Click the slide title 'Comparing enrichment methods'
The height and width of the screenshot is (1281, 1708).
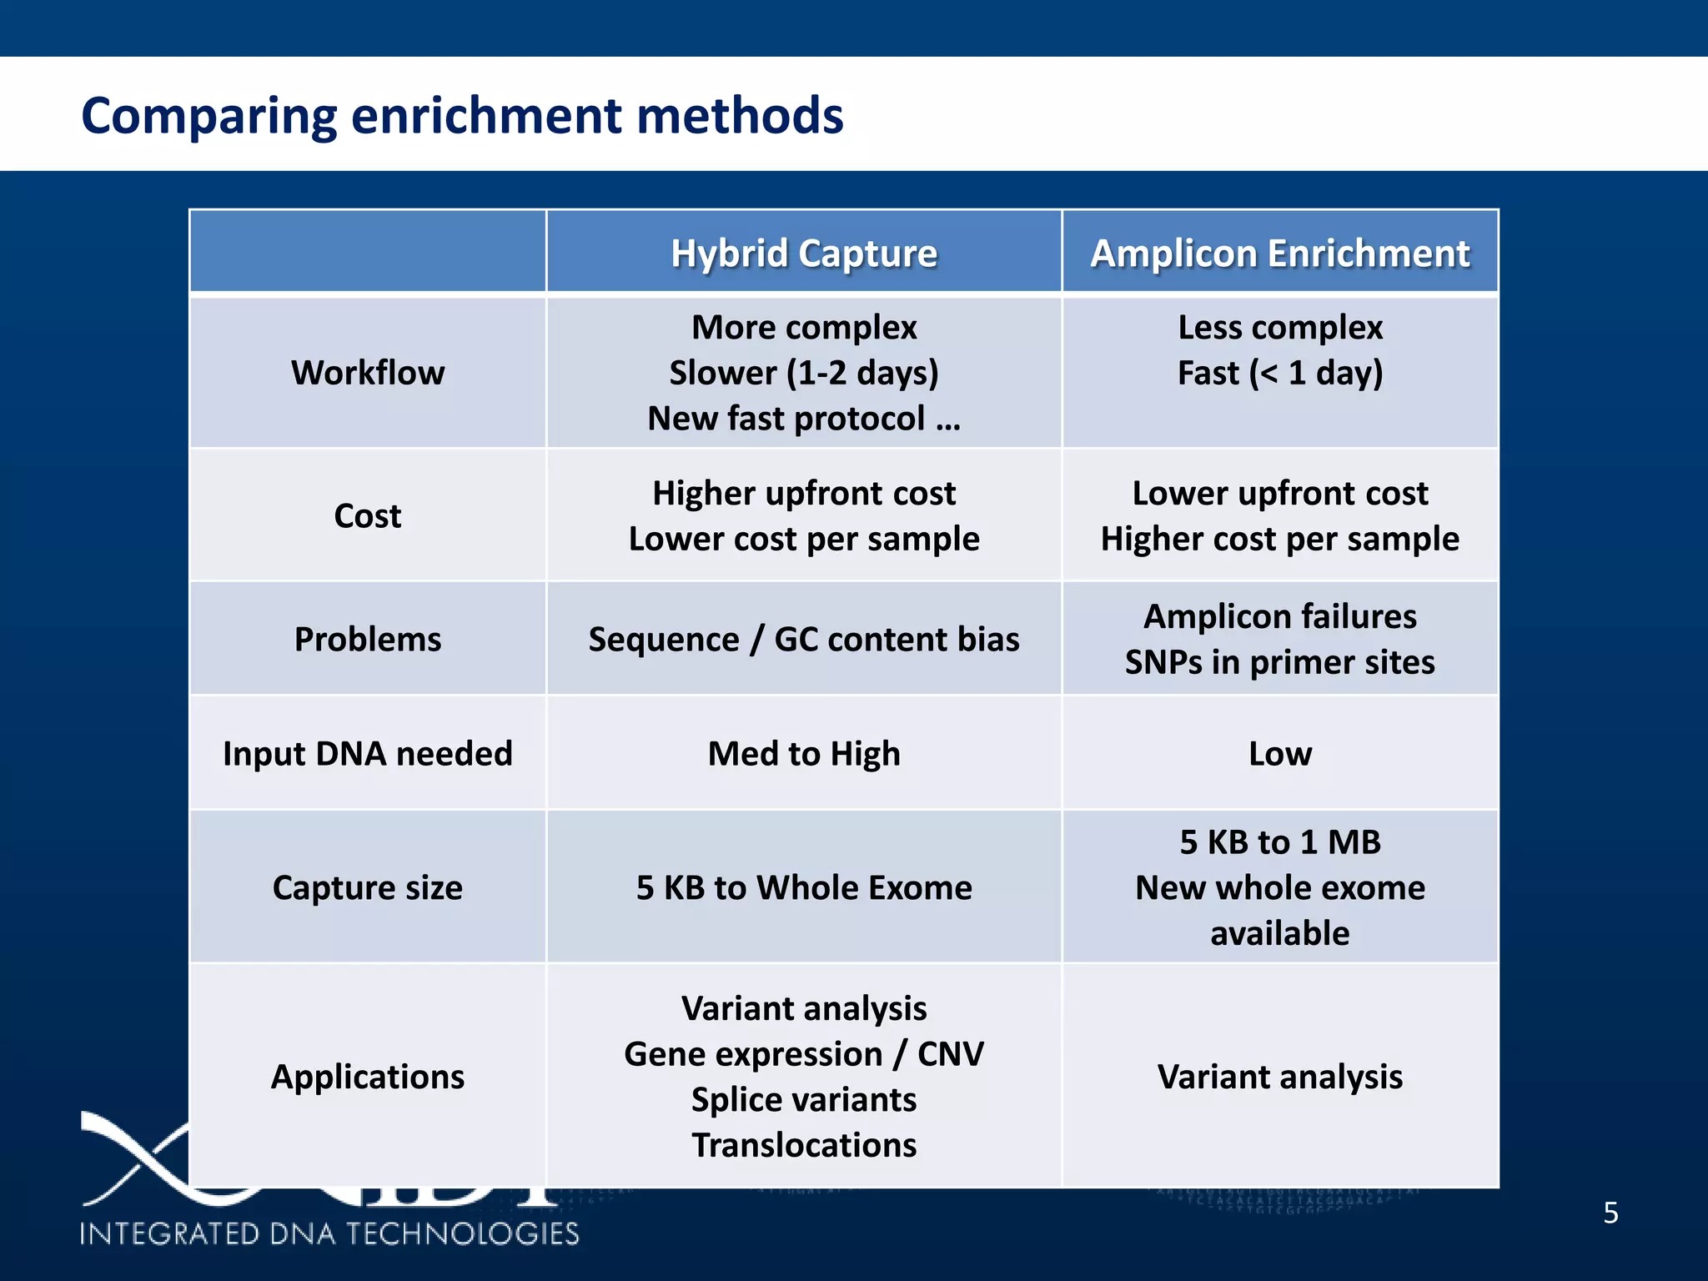click(462, 115)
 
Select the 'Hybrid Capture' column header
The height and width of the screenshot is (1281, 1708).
click(804, 253)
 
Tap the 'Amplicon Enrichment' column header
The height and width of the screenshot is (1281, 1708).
click(1279, 253)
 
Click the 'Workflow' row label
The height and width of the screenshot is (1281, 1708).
click(368, 372)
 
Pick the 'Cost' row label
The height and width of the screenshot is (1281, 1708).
click(368, 515)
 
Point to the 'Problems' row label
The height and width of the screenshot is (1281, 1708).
click(368, 639)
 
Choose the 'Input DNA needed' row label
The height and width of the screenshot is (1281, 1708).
click(368, 753)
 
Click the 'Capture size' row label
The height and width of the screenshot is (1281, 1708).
click(368, 887)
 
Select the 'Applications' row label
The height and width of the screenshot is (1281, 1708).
click(368, 1077)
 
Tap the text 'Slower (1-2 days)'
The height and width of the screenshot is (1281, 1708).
click(804, 372)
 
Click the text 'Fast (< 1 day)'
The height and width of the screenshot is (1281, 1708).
click(1279, 372)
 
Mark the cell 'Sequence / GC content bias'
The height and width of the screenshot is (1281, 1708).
click(804, 639)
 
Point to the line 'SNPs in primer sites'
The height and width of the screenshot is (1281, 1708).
click(1279, 662)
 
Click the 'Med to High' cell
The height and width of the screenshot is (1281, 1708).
click(804, 753)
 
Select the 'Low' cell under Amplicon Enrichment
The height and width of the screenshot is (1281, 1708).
click(1279, 753)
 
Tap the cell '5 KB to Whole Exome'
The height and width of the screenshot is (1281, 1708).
click(804, 887)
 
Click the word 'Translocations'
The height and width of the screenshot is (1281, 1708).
click(804, 1145)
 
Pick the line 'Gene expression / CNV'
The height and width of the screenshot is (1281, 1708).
click(804, 1054)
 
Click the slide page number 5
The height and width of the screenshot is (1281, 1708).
click(1610, 1213)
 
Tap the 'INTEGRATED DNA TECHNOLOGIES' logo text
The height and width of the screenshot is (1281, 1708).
click(329, 1233)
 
